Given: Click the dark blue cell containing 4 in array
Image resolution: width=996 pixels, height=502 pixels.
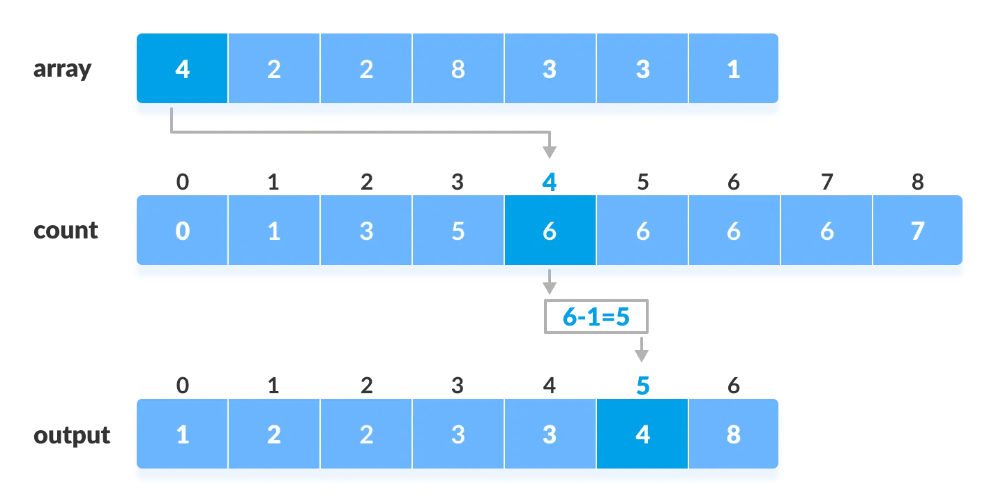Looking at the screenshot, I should click(x=182, y=69).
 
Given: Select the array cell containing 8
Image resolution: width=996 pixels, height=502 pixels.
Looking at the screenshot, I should click(x=458, y=69).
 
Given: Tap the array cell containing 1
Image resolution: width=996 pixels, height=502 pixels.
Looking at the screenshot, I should click(x=733, y=69).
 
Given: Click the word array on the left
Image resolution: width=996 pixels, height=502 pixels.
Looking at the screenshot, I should click(x=62, y=70).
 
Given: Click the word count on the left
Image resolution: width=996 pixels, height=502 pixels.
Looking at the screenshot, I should click(x=66, y=231).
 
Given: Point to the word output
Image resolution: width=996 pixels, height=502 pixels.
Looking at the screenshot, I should click(x=72, y=435).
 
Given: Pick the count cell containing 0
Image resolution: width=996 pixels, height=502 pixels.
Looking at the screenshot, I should click(x=182, y=231).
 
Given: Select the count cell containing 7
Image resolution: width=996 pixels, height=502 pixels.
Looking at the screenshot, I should click(x=918, y=231).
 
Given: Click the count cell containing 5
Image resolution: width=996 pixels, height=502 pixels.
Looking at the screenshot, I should click(x=458, y=231).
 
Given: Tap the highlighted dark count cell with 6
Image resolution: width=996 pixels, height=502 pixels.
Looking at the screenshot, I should click(x=550, y=231).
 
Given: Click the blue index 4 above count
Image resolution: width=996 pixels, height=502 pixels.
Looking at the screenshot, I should click(x=550, y=183).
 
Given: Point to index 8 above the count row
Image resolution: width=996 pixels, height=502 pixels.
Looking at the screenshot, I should click(x=918, y=183).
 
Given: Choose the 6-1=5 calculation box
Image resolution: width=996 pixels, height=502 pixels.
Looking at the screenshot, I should click(x=596, y=317).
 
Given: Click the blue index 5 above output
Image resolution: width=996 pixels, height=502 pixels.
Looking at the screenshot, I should click(x=642, y=386).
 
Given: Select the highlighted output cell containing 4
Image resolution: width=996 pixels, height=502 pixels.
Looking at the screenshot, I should click(x=642, y=434).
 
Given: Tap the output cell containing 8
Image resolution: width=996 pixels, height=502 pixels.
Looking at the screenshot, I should click(x=733, y=434).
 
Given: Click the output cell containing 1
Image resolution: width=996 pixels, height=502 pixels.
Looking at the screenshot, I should click(x=182, y=434).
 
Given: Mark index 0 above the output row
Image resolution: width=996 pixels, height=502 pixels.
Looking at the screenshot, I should click(x=182, y=386).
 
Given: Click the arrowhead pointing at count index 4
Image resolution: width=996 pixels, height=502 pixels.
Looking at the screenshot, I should click(x=550, y=152).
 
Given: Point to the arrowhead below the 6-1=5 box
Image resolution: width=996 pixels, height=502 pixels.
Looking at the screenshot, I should click(x=642, y=356).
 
